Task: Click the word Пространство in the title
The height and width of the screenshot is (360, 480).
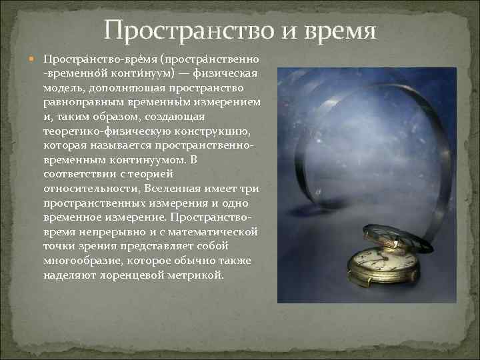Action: pyautogui.click(x=189, y=31)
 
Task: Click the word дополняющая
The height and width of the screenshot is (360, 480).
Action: pyautogui.click(x=129, y=88)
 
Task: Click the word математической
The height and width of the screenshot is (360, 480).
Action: pyautogui.click(x=209, y=231)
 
